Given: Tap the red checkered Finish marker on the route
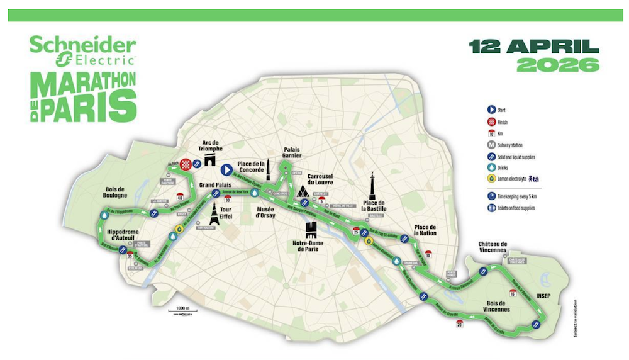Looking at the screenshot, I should (x=186, y=165).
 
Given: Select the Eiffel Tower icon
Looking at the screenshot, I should (x=215, y=213).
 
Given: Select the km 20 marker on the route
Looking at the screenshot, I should (x=460, y=322).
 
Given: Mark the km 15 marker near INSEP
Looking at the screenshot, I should (x=513, y=293).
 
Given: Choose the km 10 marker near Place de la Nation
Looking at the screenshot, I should (x=428, y=254).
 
